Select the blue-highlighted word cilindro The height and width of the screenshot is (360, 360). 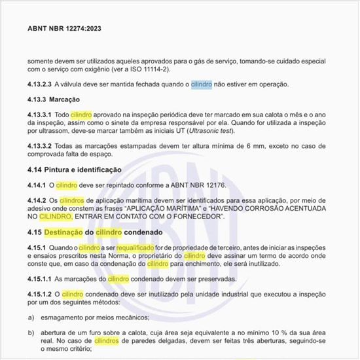point(201,84)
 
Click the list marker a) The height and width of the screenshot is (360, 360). point(31,317)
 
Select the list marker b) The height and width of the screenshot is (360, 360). point(31,333)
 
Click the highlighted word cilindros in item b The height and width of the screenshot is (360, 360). point(107,341)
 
